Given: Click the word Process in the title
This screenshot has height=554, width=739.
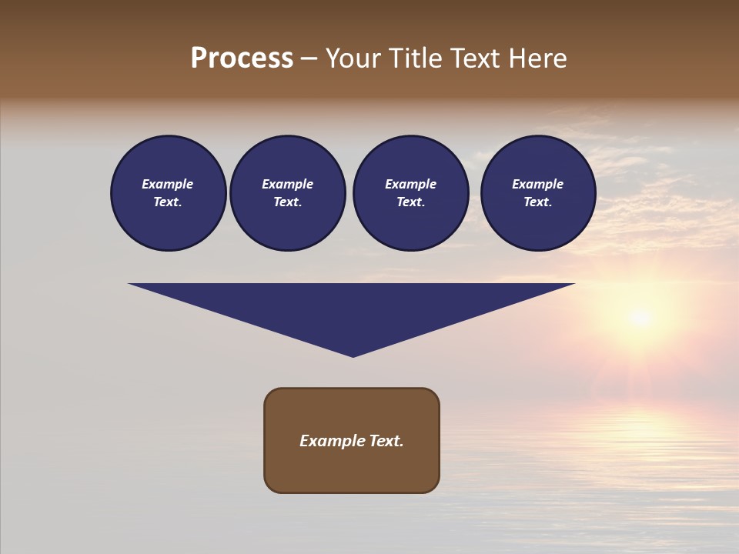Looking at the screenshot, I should [x=242, y=58].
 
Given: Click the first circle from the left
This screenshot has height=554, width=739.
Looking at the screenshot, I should [x=169, y=193].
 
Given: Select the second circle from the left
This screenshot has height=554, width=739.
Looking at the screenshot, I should [x=288, y=193].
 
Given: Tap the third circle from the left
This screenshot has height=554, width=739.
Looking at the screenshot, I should [x=411, y=193].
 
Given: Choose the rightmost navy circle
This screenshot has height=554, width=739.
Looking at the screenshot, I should [x=538, y=193].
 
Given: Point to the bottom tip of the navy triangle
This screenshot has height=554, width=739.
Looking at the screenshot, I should [x=353, y=355].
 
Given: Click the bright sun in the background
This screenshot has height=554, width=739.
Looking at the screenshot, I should [x=639, y=316].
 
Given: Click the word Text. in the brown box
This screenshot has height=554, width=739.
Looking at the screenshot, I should [x=386, y=441].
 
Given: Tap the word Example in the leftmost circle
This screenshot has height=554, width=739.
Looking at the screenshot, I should [x=168, y=184].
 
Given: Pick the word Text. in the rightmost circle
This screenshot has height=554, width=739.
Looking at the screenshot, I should [x=538, y=202].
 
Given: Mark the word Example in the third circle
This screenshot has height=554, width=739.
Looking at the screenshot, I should [x=411, y=184].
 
